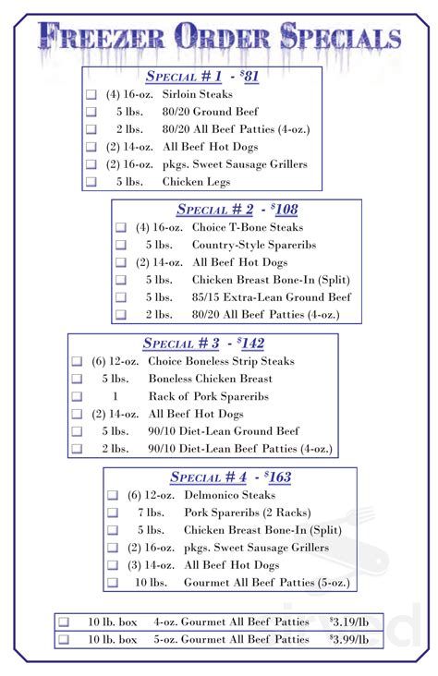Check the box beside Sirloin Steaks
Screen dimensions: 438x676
click(x=91, y=94)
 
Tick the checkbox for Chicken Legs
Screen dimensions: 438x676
click(x=91, y=182)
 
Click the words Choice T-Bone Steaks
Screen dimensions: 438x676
click(x=248, y=227)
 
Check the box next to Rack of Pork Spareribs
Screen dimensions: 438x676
click(x=77, y=396)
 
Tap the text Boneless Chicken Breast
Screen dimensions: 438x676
click(x=211, y=379)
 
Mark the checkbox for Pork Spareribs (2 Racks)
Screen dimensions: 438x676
click(x=113, y=513)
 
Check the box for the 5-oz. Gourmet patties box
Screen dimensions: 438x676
click(x=64, y=639)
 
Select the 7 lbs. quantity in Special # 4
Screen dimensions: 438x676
click(x=151, y=513)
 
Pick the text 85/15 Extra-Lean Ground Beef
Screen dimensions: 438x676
click(x=272, y=297)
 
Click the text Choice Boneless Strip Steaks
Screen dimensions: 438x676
click(x=222, y=361)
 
